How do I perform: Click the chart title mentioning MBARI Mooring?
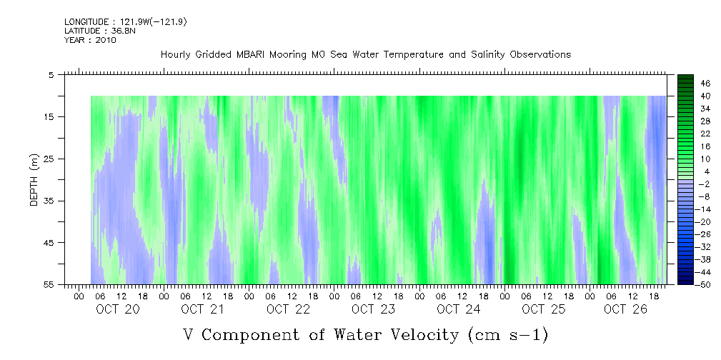click(x=366, y=54)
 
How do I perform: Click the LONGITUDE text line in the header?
click(x=126, y=22)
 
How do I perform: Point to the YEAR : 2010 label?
click(x=90, y=40)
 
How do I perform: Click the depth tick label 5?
click(x=51, y=74)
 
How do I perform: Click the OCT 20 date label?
click(x=118, y=309)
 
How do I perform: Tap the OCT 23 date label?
click(x=373, y=309)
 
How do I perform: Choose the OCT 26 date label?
click(x=625, y=309)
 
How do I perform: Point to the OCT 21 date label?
click(x=203, y=309)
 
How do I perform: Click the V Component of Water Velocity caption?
click(x=366, y=334)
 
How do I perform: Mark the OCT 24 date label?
click(x=458, y=309)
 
